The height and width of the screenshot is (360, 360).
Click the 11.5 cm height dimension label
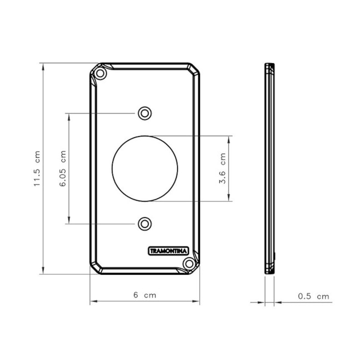click(37, 168)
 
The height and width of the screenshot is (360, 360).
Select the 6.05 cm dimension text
click(63, 168)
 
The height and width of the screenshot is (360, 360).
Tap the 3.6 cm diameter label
click(223, 168)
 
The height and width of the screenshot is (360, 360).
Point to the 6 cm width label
click(145, 295)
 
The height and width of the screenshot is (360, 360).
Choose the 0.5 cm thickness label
click(313, 296)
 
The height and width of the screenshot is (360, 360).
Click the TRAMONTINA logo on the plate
click(168, 251)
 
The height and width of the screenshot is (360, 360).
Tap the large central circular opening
click(145, 136)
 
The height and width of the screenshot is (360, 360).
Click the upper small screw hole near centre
click(145, 113)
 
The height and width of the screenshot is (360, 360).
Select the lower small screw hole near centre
click(145, 224)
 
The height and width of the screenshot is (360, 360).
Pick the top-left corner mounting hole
click(100, 74)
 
